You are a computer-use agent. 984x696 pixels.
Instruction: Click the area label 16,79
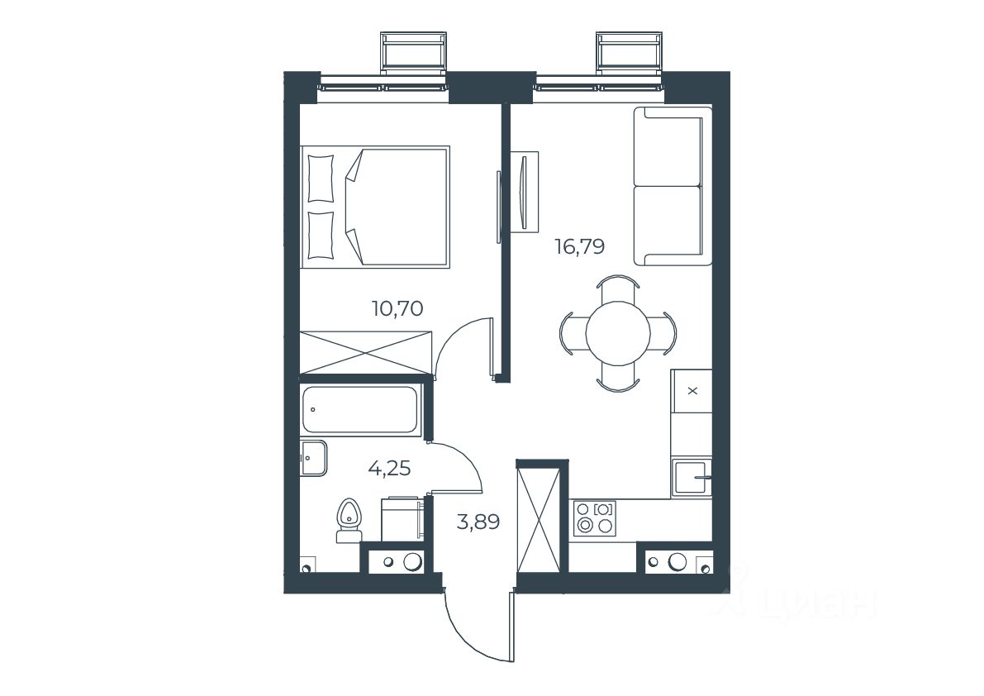tap(579, 246)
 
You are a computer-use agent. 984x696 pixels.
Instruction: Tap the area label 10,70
tap(397, 308)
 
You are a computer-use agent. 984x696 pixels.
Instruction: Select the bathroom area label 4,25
tap(389, 468)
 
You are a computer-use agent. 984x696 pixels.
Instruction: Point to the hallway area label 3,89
tap(478, 522)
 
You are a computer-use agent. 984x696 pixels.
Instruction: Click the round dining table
tap(618, 333)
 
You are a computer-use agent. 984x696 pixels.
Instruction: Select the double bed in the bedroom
tap(375, 207)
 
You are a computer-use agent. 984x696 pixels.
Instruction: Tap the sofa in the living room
tap(673, 186)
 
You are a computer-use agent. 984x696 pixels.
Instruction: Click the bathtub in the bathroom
tap(359, 410)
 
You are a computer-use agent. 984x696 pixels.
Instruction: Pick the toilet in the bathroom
tap(347, 520)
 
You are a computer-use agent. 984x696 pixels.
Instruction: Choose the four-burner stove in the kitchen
tap(594, 517)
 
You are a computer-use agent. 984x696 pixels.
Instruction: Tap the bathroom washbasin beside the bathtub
tap(313, 458)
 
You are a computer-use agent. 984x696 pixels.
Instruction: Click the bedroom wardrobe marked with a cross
tap(366, 353)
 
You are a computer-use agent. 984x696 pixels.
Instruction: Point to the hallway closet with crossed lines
tap(538, 516)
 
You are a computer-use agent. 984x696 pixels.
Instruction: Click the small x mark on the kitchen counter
tap(693, 391)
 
